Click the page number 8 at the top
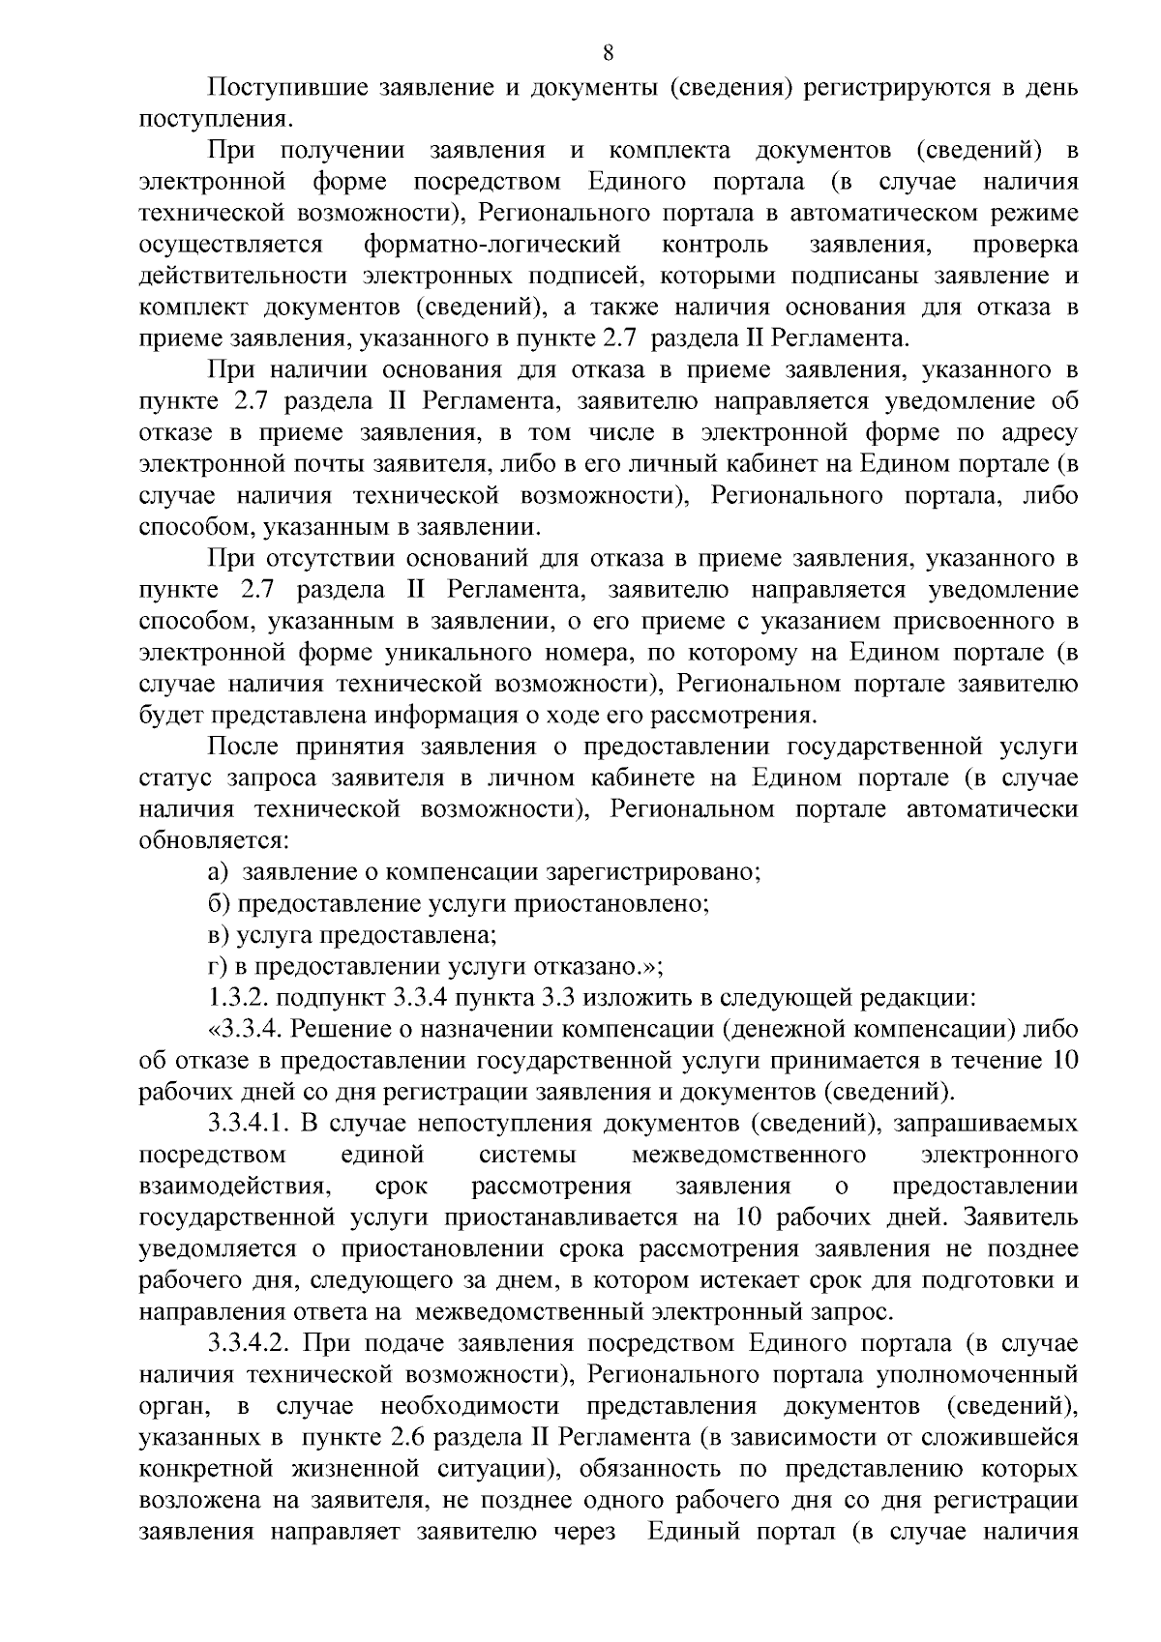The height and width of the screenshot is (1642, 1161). tap(608, 52)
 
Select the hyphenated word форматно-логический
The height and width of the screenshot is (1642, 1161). tap(492, 243)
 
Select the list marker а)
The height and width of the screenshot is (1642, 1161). tap(219, 871)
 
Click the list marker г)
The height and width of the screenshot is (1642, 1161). tap(217, 966)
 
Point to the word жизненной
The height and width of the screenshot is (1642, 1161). tap(354, 1469)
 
